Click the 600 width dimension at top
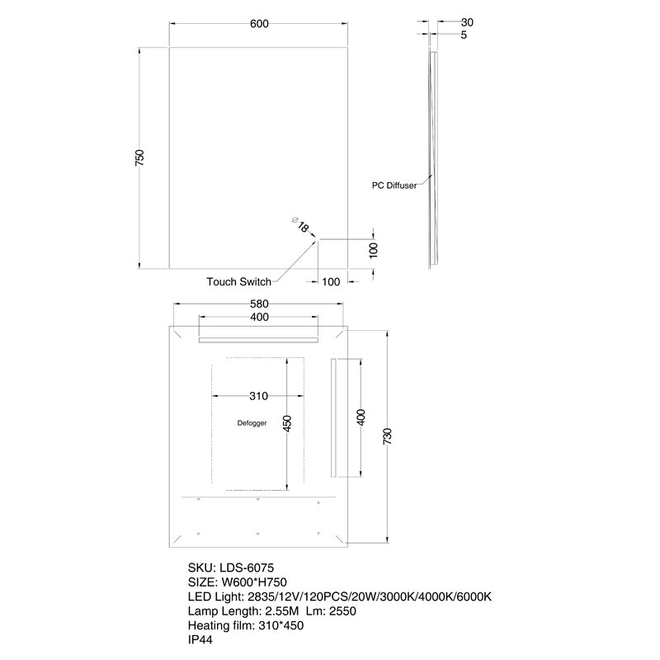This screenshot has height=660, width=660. (x=259, y=24)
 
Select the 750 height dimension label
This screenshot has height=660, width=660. (x=140, y=157)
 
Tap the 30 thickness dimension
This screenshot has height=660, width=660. (x=468, y=22)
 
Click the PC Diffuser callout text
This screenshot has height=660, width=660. (x=399, y=186)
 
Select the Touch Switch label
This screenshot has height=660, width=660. (x=238, y=282)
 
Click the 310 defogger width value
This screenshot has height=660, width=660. (x=258, y=395)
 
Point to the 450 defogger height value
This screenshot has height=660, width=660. (x=287, y=422)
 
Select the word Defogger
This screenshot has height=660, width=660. (x=251, y=423)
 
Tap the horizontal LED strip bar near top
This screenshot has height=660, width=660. (x=258, y=338)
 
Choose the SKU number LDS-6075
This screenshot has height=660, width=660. (x=251, y=568)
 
